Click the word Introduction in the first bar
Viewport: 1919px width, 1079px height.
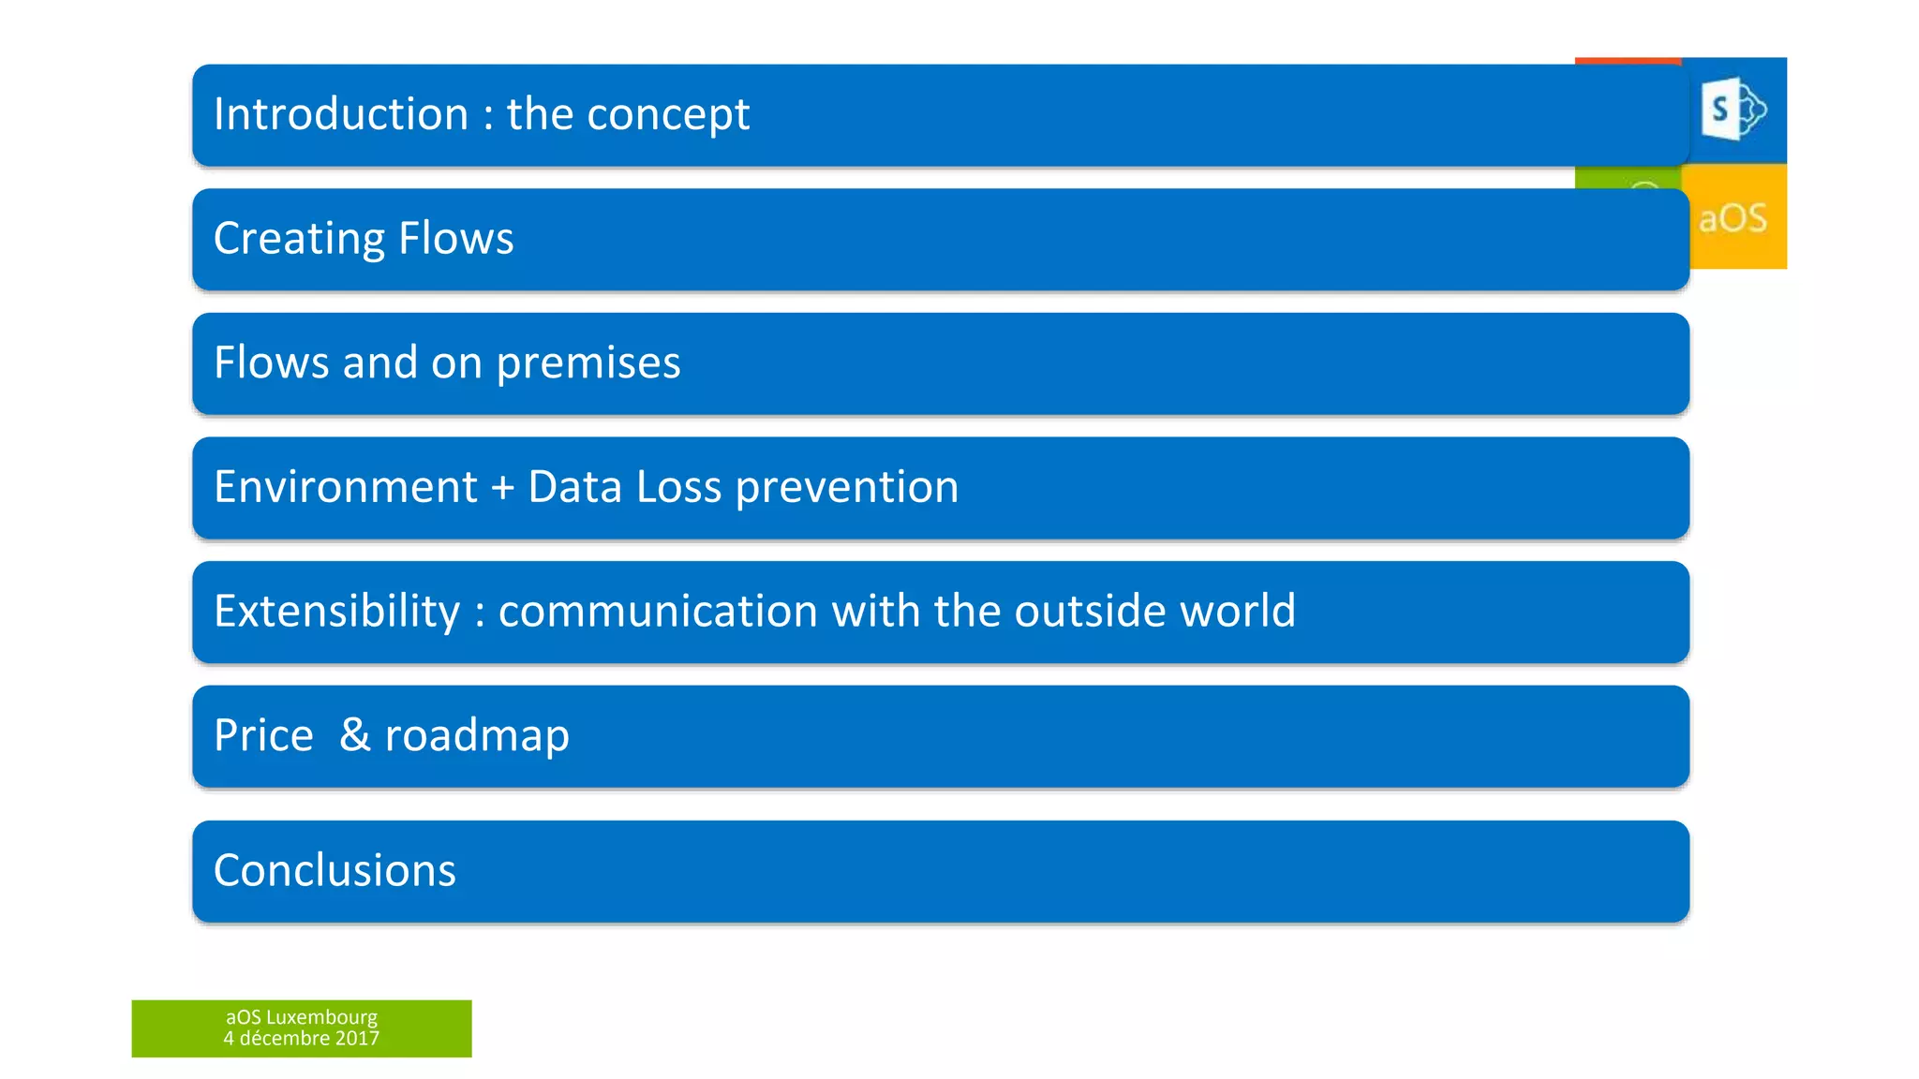341,114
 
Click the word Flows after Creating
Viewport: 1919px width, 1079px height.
456,238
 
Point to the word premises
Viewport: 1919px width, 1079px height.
588,363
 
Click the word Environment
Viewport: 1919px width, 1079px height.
346,487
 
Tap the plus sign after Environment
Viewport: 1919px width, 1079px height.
503,488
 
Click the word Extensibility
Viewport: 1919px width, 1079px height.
337,612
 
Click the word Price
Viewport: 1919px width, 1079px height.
263,735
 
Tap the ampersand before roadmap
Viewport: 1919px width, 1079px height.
354,734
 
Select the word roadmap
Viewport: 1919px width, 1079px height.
477,736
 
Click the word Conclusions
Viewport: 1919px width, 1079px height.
335,870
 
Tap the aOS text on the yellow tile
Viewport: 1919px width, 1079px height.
1733,218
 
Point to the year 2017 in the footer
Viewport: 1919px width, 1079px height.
357,1039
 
